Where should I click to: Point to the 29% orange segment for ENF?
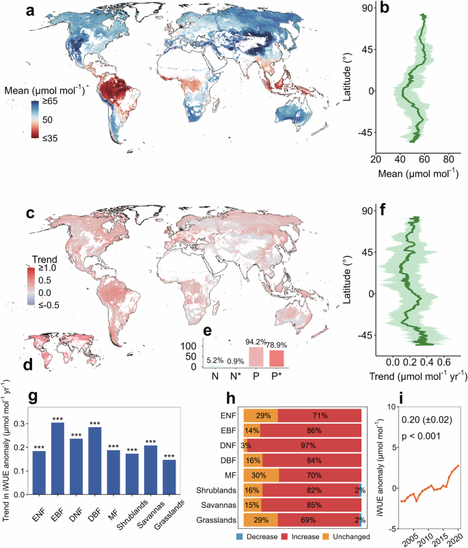point(261,415)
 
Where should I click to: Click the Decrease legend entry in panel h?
point(294,538)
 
